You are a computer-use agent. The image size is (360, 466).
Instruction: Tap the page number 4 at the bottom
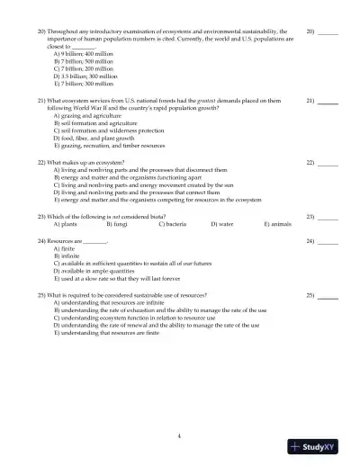[179, 435]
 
